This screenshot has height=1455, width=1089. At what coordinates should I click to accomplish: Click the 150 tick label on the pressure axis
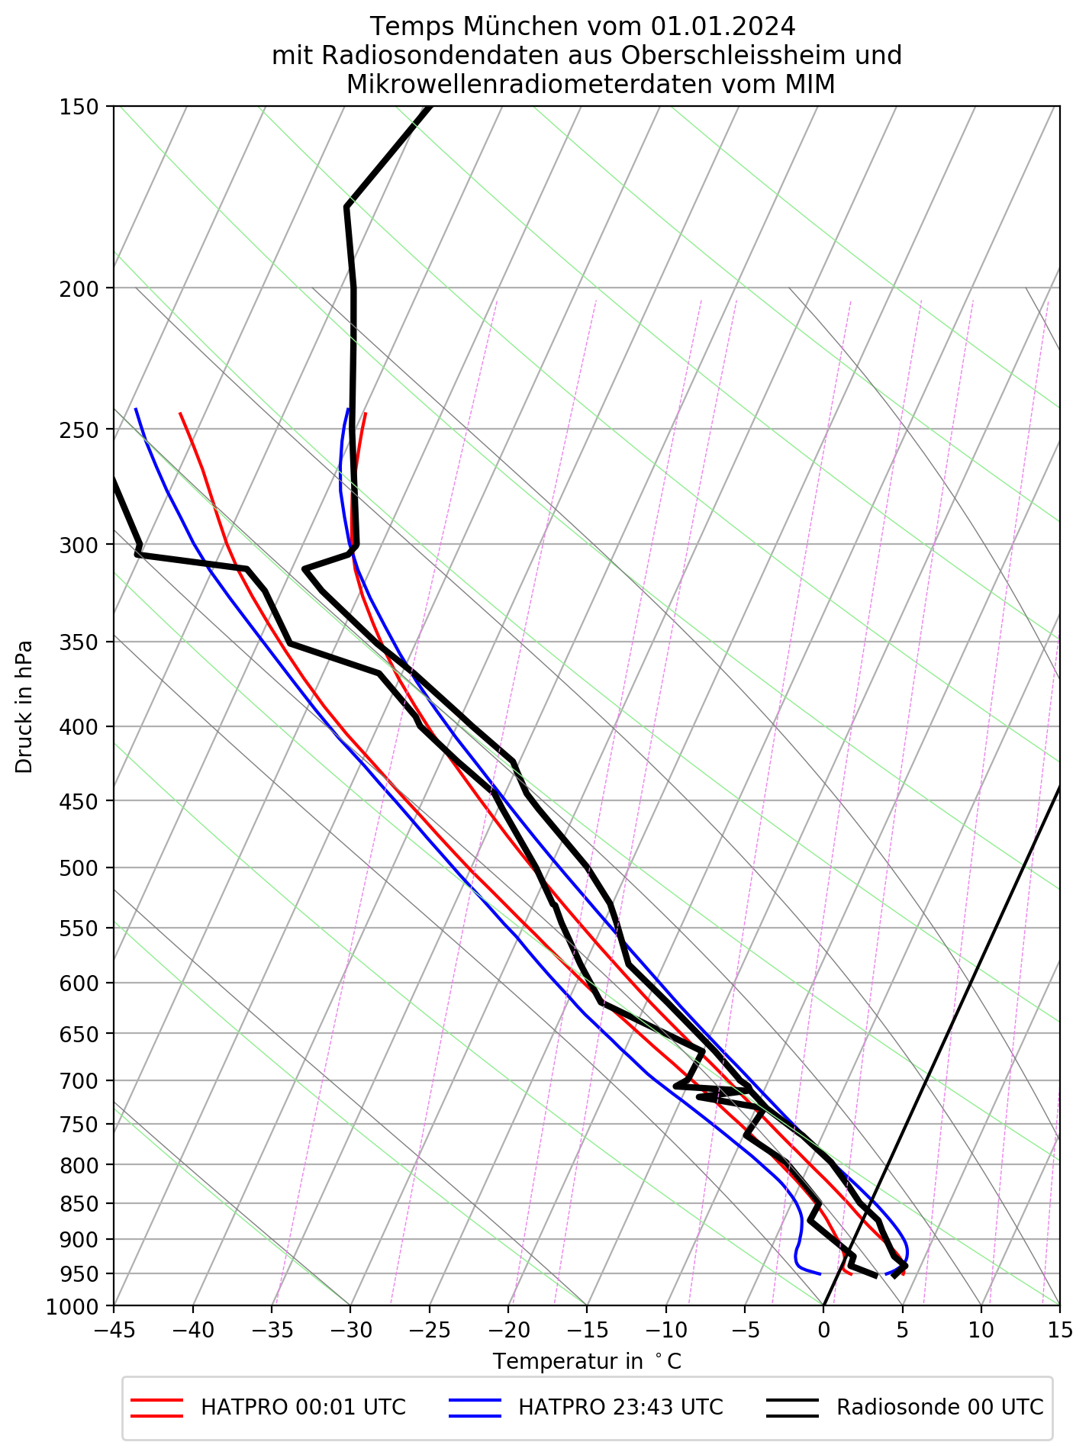(79, 107)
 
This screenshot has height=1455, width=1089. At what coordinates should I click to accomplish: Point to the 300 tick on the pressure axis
(79, 545)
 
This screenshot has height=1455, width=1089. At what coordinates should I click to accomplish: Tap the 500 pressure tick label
(79, 868)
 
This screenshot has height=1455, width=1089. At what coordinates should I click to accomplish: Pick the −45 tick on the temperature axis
(114, 1330)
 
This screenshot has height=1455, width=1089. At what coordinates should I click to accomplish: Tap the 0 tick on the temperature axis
(823, 1330)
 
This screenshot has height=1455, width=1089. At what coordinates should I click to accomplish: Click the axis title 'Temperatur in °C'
(587, 1361)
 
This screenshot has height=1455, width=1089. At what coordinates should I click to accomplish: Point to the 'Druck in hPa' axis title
(24, 707)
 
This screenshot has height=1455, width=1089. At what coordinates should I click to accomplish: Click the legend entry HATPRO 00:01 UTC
(303, 1408)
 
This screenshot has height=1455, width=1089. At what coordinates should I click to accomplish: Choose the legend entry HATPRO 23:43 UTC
(620, 1408)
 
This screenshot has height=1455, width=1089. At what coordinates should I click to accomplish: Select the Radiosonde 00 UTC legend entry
(939, 1408)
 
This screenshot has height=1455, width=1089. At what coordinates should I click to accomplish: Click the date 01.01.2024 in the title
(723, 27)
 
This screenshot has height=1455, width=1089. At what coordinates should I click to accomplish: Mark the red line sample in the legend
(156, 1408)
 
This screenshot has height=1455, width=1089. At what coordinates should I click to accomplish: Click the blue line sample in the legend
(475, 1408)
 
